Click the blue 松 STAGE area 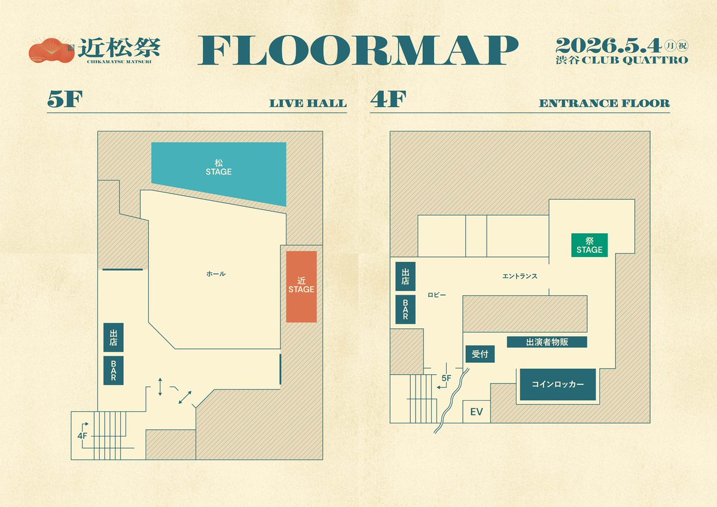[219, 172]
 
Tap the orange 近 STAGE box [301, 286]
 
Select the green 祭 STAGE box [590, 245]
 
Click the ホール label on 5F [216, 274]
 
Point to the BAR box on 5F [114, 370]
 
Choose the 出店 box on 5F [114, 337]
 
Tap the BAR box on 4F [405, 310]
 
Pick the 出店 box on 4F [405, 277]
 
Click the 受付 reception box [480, 354]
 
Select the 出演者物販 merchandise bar [547, 342]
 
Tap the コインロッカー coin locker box [558, 384]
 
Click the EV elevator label [477, 412]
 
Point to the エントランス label [520, 276]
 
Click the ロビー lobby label [437, 295]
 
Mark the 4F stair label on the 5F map [83, 436]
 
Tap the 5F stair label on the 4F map [446, 378]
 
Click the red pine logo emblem [51, 50]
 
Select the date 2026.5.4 [609, 45]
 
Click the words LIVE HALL [308, 103]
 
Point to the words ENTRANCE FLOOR [605, 103]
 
